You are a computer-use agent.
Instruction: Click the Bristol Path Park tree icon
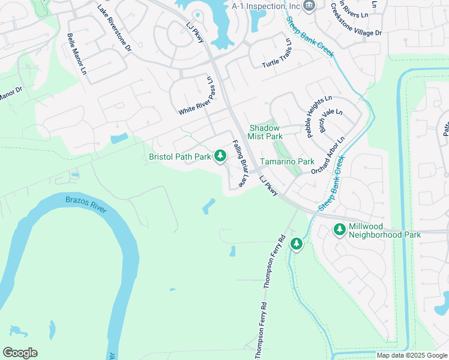pyautogui.click(x=220, y=157)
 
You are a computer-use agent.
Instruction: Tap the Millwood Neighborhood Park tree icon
pyautogui.click(x=340, y=230)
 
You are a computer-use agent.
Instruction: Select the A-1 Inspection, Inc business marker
pyautogui.click(x=309, y=6)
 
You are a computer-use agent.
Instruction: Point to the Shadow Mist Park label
pyautogui.click(x=265, y=132)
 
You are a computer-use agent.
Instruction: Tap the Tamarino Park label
pyautogui.click(x=287, y=162)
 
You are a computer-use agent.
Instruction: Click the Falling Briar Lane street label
pyautogui.click(x=240, y=164)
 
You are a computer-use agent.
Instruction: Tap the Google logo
pyautogui.click(x=20, y=353)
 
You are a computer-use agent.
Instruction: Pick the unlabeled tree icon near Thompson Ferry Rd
pyautogui.click(x=296, y=244)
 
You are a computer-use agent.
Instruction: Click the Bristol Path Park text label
pyautogui.click(x=180, y=157)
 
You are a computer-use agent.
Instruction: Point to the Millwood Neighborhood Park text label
pyautogui.click(x=384, y=230)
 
